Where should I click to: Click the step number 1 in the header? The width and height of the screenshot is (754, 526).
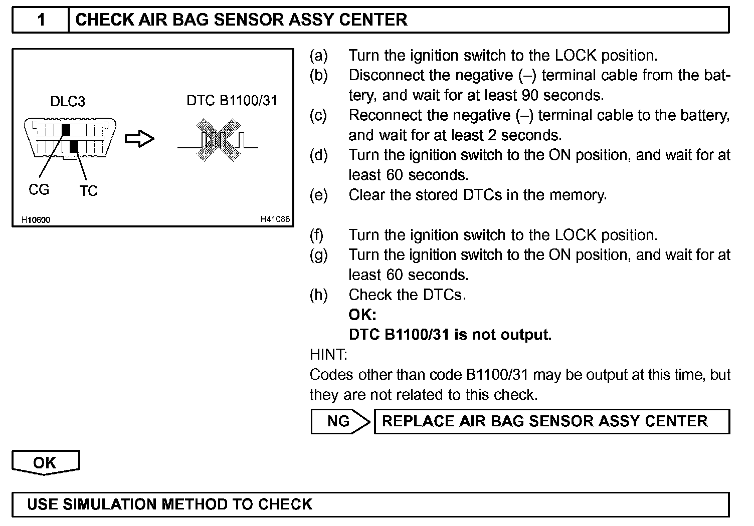tap(41, 20)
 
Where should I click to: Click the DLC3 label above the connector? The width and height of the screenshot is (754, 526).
tap(68, 102)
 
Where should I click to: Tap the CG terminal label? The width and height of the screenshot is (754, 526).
tap(39, 190)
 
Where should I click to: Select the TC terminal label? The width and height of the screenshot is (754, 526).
tap(88, 191)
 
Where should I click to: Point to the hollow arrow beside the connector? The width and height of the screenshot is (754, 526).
tap(139, 139)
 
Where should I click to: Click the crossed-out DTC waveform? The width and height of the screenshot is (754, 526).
tap(218, 140)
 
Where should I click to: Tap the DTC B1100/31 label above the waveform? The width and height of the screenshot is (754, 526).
tap(232, 101)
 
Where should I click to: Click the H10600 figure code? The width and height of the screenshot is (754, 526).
tap(36, 220)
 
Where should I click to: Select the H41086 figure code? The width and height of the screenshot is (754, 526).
tap(275, 219)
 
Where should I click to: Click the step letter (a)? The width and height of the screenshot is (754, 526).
tap(319, 55)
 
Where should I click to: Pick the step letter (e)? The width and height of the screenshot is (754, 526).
tap(319, 195)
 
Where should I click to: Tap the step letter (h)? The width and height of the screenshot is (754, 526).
tap(319, 295)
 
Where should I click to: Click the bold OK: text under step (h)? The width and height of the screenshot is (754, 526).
tap(362, 315)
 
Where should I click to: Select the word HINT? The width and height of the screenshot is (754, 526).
tap(328, 355)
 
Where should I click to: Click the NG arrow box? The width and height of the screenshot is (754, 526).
tap(340, 421)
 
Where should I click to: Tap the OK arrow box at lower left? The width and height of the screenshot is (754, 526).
tap(45, 462)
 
